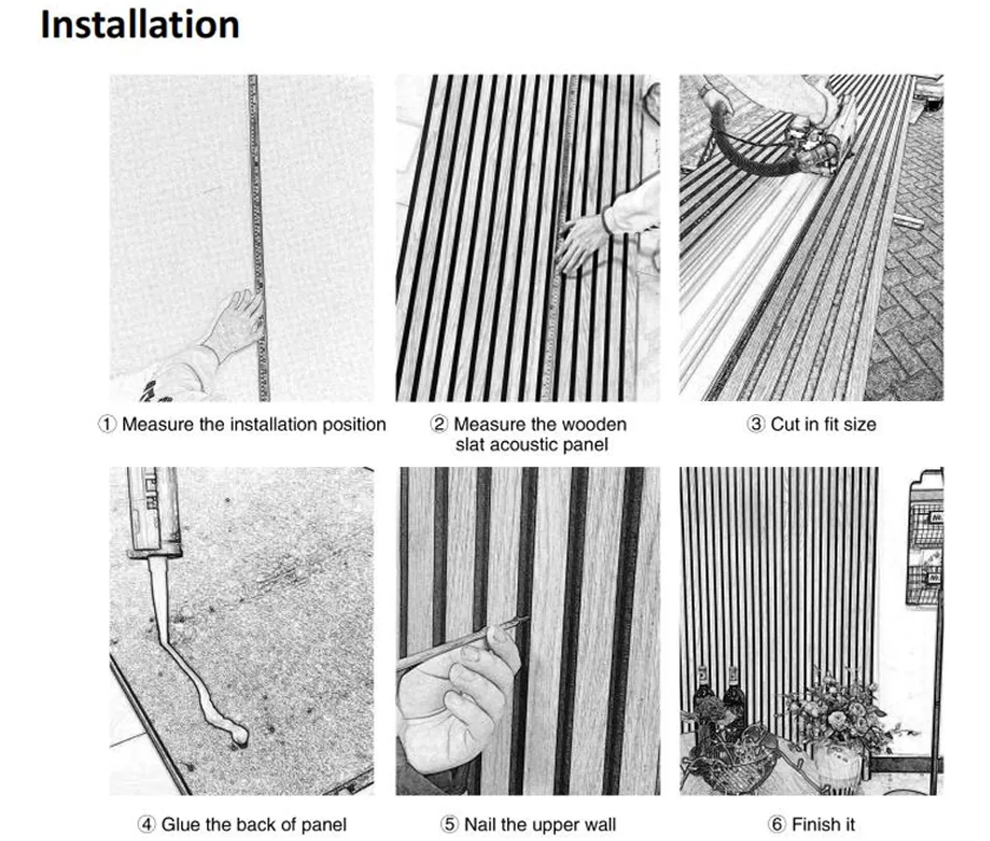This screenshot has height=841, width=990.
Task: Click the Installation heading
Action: (139, 24)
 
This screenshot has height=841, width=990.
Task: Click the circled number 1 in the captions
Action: (109, 424)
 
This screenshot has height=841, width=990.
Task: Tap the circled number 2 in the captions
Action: (440, 424)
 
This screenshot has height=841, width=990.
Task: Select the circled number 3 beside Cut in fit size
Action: (757, 424)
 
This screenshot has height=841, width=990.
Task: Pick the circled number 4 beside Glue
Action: (147, 824)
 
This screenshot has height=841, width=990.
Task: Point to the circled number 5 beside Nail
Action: (449, 824)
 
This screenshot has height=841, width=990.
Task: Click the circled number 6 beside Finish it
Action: (778, 824)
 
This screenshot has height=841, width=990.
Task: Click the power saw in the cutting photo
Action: (813, 140)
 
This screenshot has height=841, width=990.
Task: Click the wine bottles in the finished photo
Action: (719, 701)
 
